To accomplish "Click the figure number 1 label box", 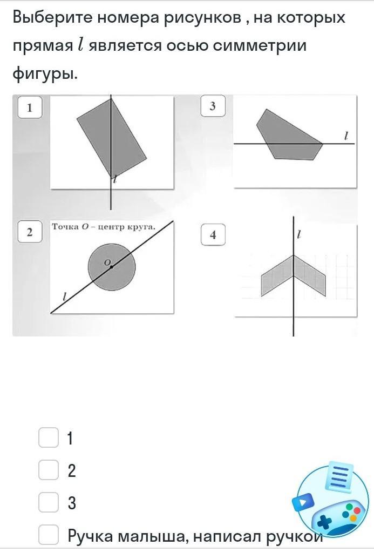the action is click(30, 107).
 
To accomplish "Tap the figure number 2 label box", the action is click(30, 232).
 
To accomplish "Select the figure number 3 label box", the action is click(213, 106).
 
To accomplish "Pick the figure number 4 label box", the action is click(213, 234).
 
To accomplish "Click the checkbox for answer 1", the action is click(49, 437).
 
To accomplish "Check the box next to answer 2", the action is click(49, 470).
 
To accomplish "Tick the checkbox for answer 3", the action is click(49, 502).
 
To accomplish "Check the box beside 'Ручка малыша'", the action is click(49, 534).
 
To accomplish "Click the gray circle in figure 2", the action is click(112, 267).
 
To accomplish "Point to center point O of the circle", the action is click(111, 267).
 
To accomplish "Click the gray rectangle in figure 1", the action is click(112, 138).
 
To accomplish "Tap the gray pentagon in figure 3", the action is click(289, 135).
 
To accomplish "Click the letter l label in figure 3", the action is click(345, 136).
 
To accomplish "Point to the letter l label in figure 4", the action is click(299, 234).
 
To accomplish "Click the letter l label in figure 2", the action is click(64, 297).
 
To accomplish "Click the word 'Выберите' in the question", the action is click(53, 17).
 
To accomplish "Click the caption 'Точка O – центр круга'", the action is click(104, 226).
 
